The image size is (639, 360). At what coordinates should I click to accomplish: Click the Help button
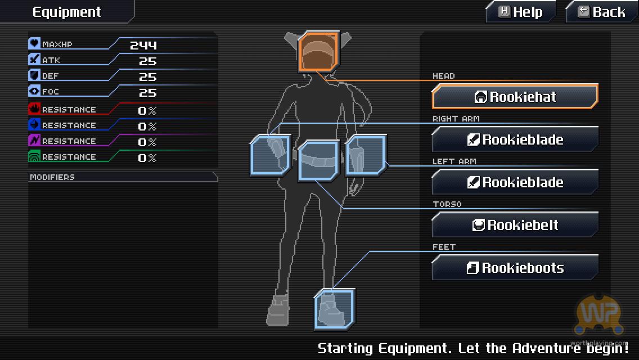[521, 12]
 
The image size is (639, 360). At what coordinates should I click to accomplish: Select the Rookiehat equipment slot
[515, 97]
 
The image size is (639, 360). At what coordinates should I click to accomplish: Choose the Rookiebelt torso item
[515, 224]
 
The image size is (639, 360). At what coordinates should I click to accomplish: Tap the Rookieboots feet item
[515, 267]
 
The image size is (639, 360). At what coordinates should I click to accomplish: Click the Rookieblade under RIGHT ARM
[515, 139]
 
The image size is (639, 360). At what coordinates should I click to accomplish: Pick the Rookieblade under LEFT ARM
[515, 182]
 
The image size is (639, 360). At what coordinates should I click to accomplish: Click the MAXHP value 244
[143, 45]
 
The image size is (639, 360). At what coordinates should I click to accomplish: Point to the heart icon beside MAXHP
[34, 44]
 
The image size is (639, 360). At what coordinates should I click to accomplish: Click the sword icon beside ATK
[34, 60]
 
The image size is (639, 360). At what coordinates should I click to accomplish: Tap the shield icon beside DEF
[34, 75]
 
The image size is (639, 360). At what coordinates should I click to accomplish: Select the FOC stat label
[51, 92]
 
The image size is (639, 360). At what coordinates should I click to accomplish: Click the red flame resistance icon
[34, 109]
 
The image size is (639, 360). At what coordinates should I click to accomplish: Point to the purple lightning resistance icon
[34, 141]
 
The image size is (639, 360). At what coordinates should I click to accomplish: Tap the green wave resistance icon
[34, 156]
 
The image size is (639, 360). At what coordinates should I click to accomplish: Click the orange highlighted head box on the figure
[319, 52]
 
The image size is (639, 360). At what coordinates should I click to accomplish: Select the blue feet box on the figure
[335, 309]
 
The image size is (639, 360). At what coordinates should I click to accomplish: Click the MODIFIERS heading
[52, 177]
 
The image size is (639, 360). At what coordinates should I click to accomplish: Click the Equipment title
[66, 12]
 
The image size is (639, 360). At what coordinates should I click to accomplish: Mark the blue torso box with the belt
[319, 160]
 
